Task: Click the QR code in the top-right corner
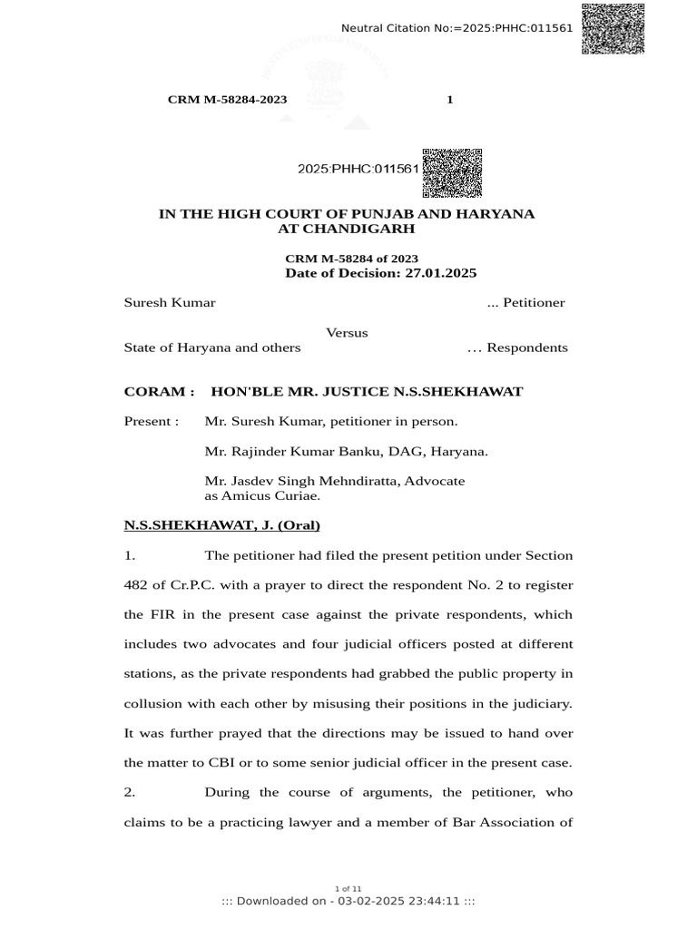pos(613,28)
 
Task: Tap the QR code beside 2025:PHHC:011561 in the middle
pos(452,171)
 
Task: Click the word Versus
pos(347,333)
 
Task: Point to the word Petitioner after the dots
pos(535,303)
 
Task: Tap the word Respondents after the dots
pos(530,347)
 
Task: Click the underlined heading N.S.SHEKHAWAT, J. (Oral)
pos(221,525)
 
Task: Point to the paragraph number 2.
pos(129,792)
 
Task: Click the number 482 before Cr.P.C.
pos(136,585)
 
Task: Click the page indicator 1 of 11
pos(348,888)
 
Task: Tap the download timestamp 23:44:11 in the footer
pos(436,901)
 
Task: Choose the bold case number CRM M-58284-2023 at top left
pos(227,99)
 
